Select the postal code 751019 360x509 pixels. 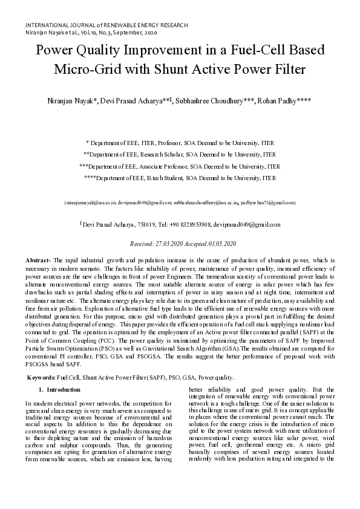[x=129, y=224]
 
